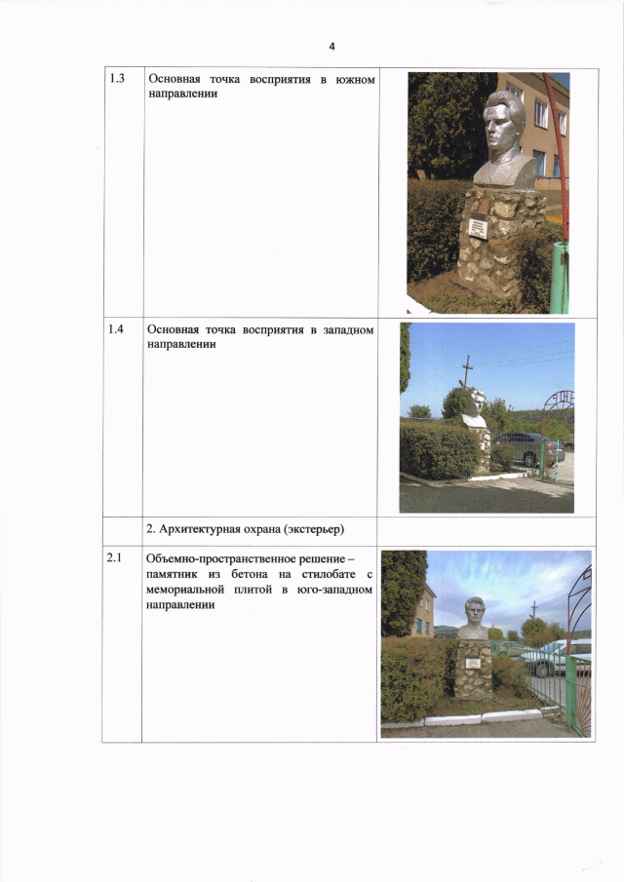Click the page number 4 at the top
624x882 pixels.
(x=331, y=47)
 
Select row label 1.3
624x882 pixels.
(x=116, y=78)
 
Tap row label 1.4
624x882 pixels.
(x=116, y=329)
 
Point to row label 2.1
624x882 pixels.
(x=114, y=558)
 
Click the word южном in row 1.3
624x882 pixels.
(x=355, y=80)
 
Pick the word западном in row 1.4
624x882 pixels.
(x=348, y=330)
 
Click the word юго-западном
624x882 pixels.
(x=334, y=590)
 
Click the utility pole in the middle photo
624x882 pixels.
(x=466, y=371)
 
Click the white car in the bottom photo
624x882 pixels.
(x=556, y=657)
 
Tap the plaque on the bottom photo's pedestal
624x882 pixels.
(x=473, y=663)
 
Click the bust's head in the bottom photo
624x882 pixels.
(x=474, y=611)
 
